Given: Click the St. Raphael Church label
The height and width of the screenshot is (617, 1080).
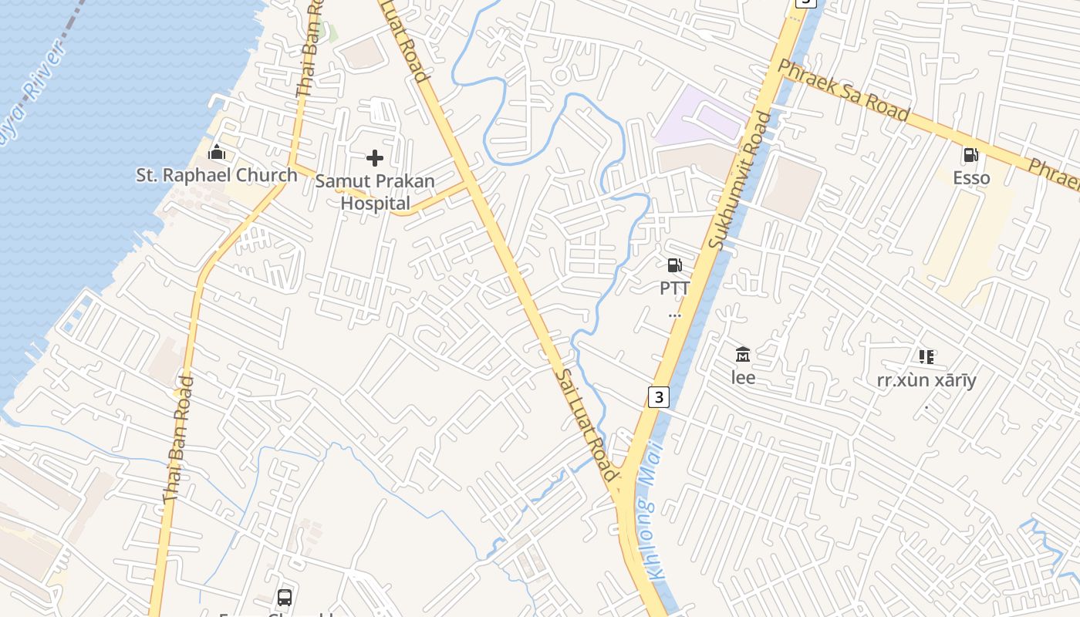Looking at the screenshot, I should (x=217, y=175).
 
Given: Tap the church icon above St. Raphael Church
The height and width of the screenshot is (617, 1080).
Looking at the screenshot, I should (x=217, y=152).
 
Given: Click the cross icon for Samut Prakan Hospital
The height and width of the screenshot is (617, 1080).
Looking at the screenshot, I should (x=375, y=159).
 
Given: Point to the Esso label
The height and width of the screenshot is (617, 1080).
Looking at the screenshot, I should (x=971, y=178).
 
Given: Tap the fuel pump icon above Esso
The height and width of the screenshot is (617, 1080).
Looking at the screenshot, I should (x=970, y=155).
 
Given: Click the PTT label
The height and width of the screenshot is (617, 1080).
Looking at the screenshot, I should (x=674, y=288).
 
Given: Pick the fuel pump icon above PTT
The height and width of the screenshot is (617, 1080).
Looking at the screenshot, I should (x=674, y=265).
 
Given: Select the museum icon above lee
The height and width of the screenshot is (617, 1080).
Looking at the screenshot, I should (x=743, y=355).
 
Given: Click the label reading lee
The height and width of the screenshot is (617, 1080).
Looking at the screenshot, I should (x=743, y=378).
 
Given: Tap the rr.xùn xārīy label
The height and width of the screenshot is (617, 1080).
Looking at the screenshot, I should (x=926, y=380).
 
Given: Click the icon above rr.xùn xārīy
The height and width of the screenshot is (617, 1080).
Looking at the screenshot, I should (x=926, y=356).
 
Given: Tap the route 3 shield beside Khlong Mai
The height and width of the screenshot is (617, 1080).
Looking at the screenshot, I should (x=657, y=397).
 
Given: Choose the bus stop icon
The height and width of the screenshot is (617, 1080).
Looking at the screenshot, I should (x=285, y=597).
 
